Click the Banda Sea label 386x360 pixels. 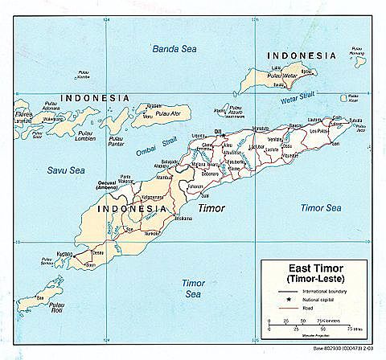click(175, 49)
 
